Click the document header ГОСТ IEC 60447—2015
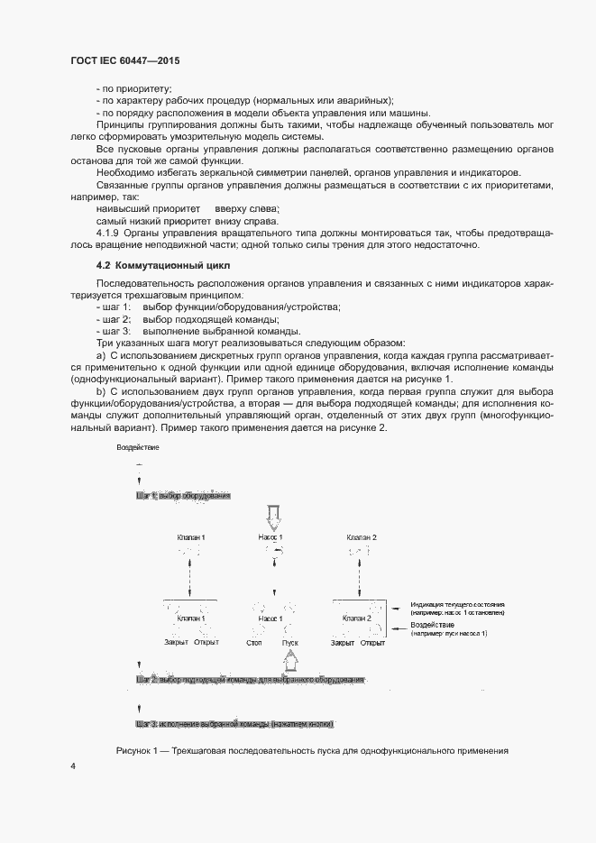coord(125,60)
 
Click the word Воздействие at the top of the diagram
coord(138,448)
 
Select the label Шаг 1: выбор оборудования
coord(183,496)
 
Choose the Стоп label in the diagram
coord(253,643)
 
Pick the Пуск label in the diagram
coord(289,643)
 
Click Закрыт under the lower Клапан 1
coord(176,643)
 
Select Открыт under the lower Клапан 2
coord(373,643)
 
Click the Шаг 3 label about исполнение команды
coord(235,724)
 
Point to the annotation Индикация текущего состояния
coord(457,604)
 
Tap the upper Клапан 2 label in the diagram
coord(362,537)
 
